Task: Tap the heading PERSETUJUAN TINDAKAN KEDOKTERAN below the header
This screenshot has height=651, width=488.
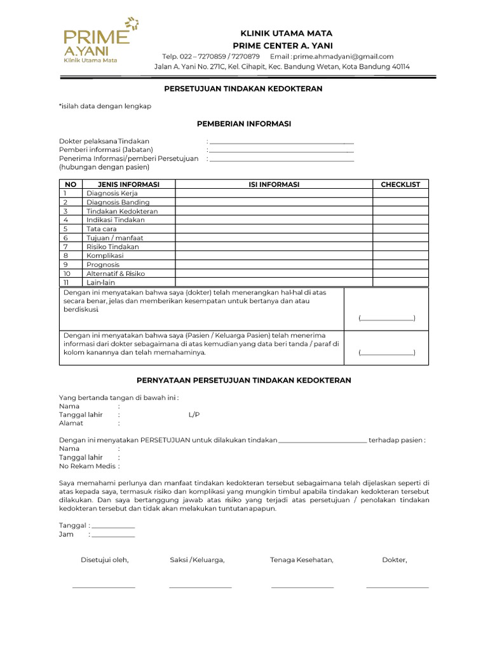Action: pyautogui.click(x=243, y=89)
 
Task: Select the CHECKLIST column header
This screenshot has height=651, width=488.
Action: pyautogui.click(x=400, y=184)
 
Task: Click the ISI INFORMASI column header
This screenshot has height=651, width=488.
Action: pyautogui.click(x=274, y=184)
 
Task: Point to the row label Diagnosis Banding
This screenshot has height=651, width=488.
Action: pyautogui.click(x=118, y=202)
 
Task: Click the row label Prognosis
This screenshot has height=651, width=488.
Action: pyautogui.click(x=103, y=264)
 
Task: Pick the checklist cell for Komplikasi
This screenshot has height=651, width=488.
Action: pyautogui.click(x=400, y=256)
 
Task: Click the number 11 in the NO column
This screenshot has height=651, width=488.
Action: pyautogui.click(x=65, y=282)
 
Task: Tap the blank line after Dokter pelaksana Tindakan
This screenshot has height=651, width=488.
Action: pyautogui.click(x=281, y=142)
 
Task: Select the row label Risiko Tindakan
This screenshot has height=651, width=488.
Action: pyautogui.click(x=112, y=247)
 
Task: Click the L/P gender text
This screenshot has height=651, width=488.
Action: pyautogui.click(x=194, y=415)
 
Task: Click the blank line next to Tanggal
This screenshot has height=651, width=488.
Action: pyautogui.click(x=113, y=527)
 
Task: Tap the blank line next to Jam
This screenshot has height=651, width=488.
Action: pyautogui.click(x=113, y=536)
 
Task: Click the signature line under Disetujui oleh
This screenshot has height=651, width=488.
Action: pyautogui.click(x=104, y=587)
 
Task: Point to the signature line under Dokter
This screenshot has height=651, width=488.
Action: pyautogui.click(x=397, y=587)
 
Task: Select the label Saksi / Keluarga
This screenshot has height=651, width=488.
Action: pyautogui.click(x=197, y=560)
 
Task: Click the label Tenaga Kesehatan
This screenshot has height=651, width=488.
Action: pyautogui.click(x=301, y=560)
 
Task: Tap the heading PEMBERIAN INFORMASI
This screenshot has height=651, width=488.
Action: pyautogui.click(x=243, y=124)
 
